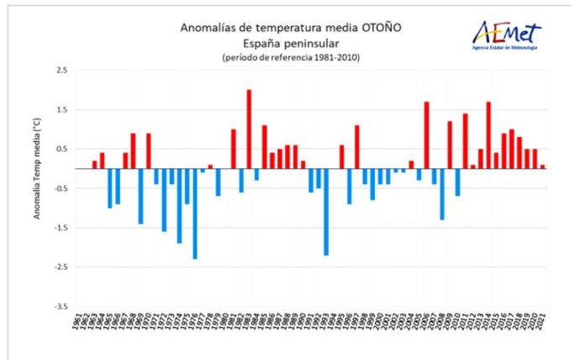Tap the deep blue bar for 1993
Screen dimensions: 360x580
pyautogui.click(x=326, y=211)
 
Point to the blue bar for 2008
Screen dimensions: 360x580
pyautogui.click(x=442, y=193)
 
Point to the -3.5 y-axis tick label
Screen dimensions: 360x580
pyautogui.click(x=61, y=306)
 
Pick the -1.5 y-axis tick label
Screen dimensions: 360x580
pyautogui.click(x=61, y=228)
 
